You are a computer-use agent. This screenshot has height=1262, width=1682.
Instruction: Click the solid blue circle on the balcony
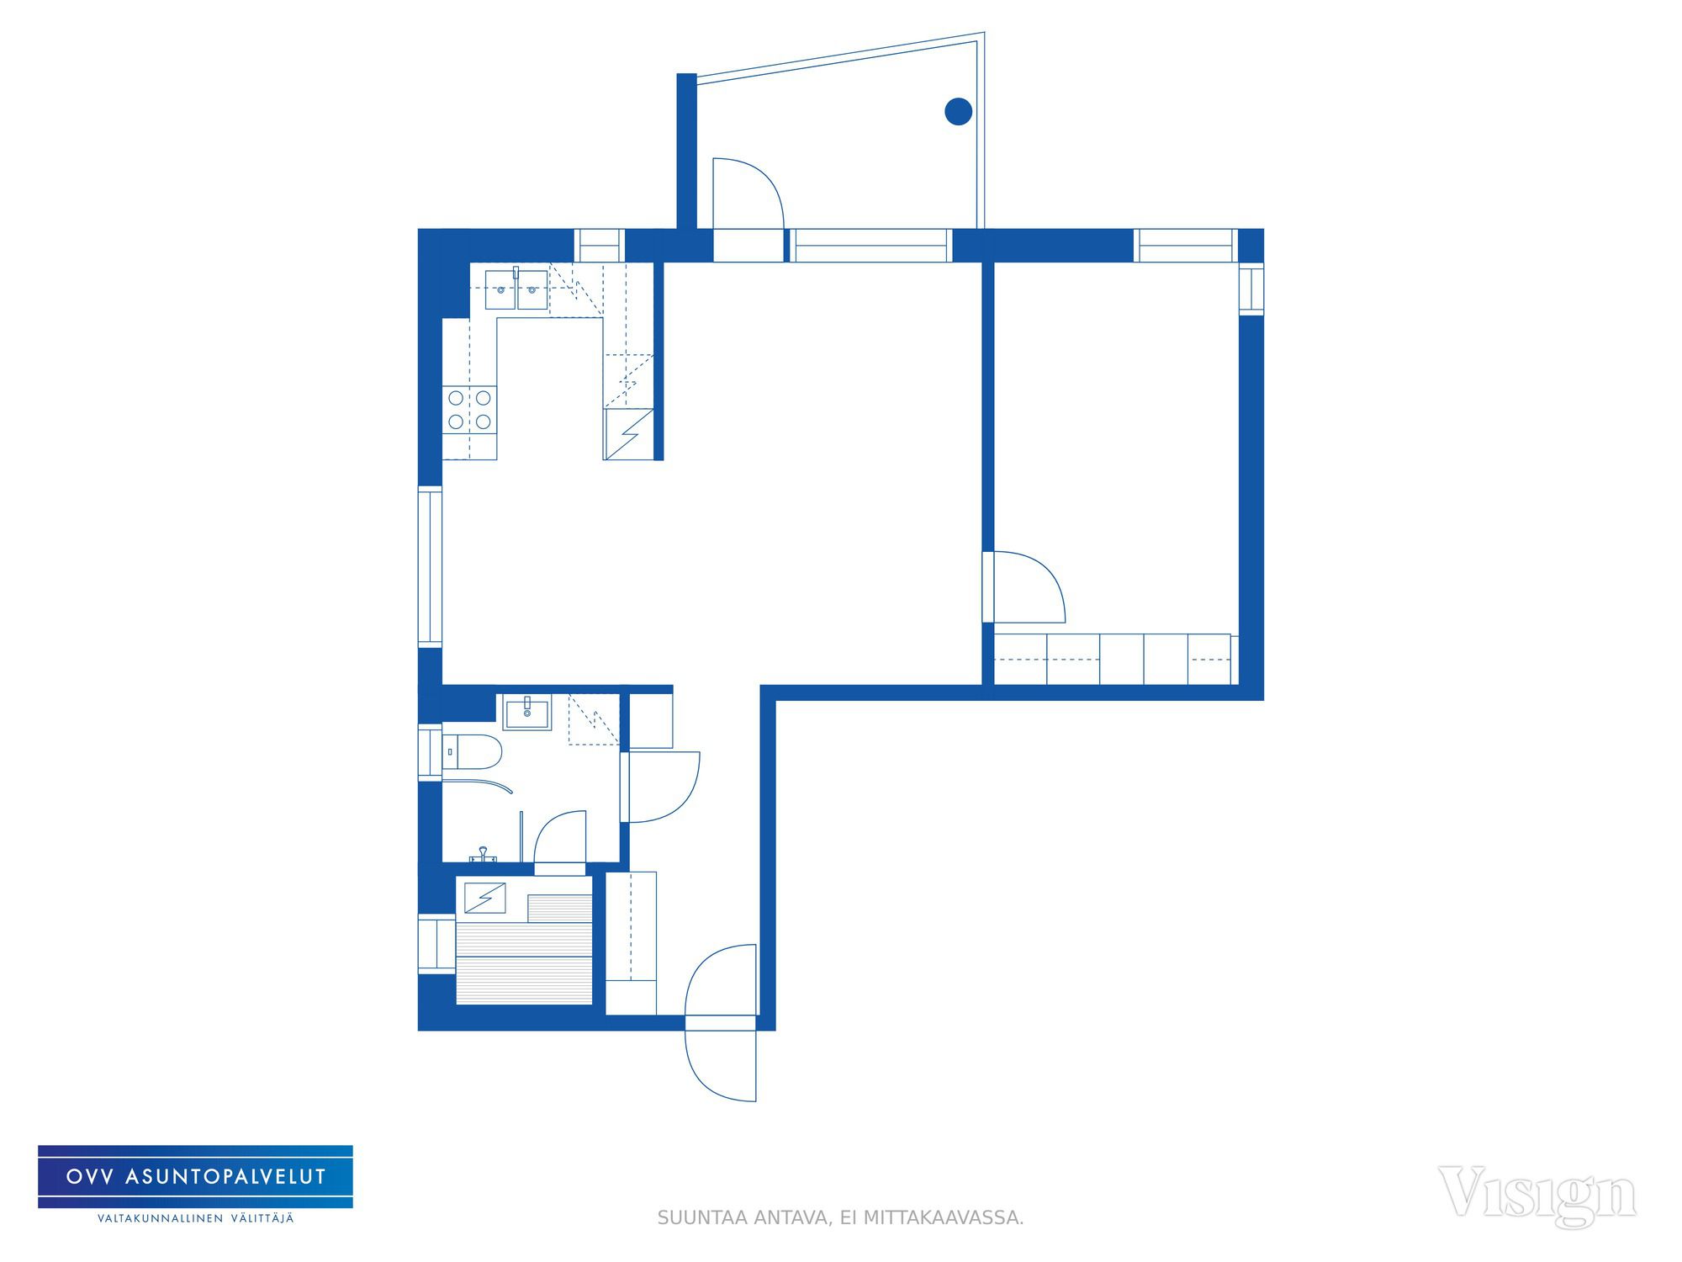pyautogui.click(x=959, y=111)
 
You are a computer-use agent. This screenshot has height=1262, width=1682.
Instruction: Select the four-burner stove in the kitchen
pyautogui.click(x=470, y=410)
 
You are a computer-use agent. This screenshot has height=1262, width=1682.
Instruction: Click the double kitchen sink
pyautogui.click(x=516, y=289)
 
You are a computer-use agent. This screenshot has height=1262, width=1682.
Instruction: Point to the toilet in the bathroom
pyautogui.click(x=471, y=751)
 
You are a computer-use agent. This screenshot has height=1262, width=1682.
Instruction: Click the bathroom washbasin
pyautogui.click(x=527, y=713)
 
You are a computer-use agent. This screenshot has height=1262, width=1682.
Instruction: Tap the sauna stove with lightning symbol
pyautogui.click(x=485, y=898)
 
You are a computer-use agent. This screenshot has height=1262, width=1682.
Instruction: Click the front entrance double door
pyautogui.click(x=721, y=1022)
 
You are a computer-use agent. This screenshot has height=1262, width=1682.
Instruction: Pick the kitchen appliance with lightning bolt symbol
pyautogui.click(x=628, y=434)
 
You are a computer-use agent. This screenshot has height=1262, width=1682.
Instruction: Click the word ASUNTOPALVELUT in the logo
pyautogui.click(x=225, y=1177)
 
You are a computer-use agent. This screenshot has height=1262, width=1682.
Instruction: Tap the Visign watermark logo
pyautogui.click(x=1537, y=1195)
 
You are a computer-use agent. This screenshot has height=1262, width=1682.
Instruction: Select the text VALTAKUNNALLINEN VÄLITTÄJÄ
pyautogui.click(x=196, y=1218)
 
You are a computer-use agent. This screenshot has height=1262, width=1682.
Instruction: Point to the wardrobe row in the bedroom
pyautogui.click(x=1112, y=659)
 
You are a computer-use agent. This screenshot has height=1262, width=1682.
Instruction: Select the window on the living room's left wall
pyautogui.click(x=430, y=566)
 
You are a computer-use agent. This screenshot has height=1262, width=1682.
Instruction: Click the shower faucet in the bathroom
pyautogui.click(x=483, y=855)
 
